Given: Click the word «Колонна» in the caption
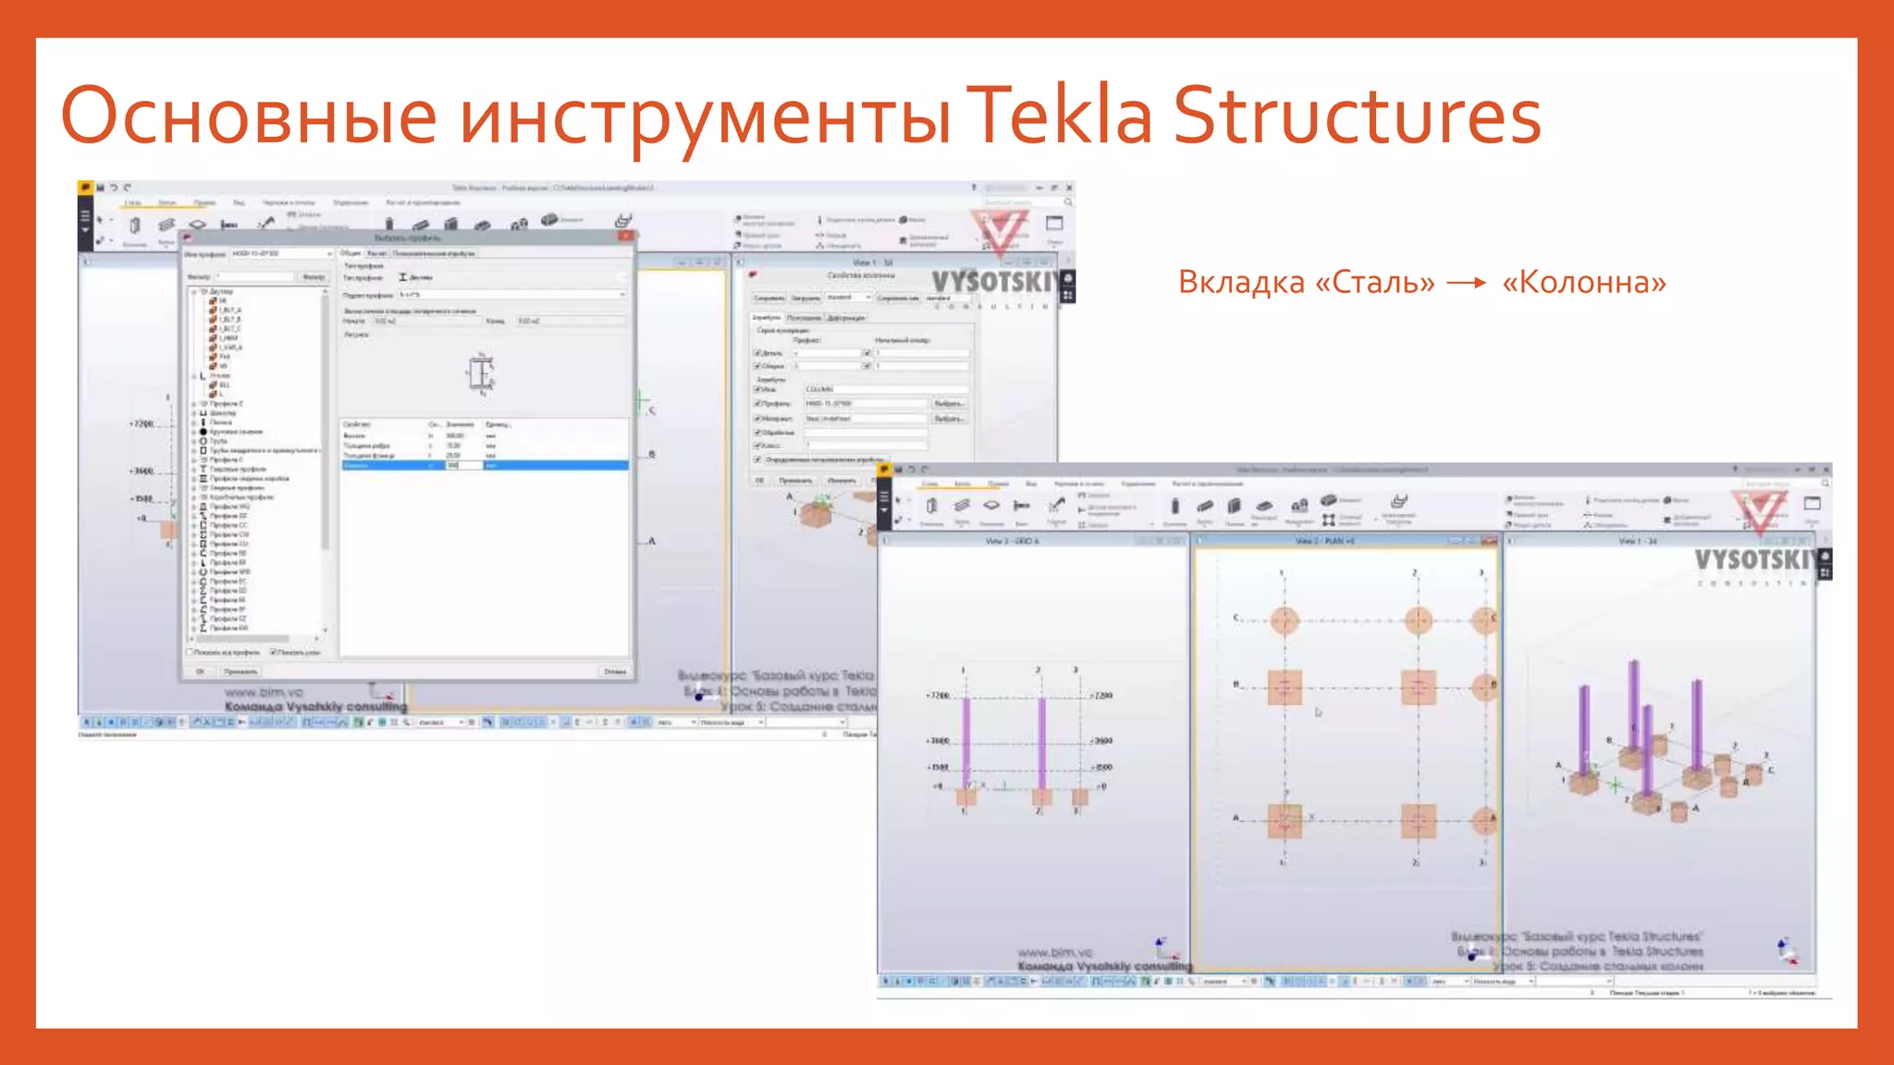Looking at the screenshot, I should (1584, 282).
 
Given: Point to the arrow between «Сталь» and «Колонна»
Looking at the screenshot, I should (1467, 283).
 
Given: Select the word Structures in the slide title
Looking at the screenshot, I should (1357, 116).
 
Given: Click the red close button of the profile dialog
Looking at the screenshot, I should (626, 237).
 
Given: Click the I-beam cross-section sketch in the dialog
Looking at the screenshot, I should (480, 373).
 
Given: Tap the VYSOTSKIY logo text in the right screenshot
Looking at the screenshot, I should (1753, 560).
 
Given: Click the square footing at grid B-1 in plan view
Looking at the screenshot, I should (1284, 687).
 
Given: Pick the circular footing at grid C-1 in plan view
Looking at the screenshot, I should (1284, 620).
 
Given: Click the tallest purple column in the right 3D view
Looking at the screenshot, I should (1634, 707).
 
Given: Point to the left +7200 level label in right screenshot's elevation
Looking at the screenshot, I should (938, 695).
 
